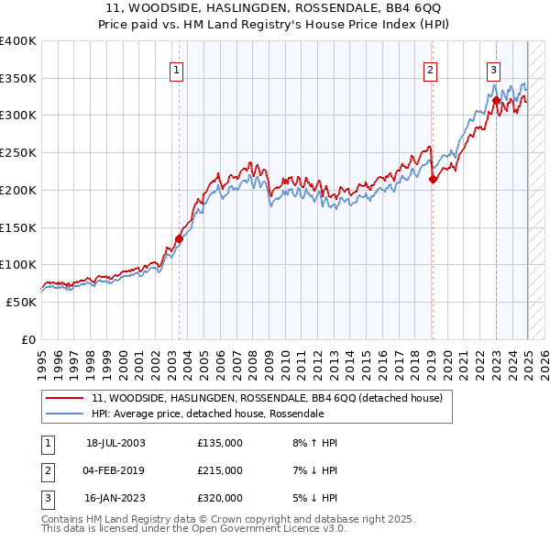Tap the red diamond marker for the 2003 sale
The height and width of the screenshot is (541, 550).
click(180, 239)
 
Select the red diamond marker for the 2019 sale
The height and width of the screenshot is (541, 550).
click(433, 180)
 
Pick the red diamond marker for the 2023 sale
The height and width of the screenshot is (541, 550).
click(496, 102)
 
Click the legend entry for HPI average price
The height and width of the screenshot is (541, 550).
click(207, 414)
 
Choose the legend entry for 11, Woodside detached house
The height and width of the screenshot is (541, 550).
click(267, 398)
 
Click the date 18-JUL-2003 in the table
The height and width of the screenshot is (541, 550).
click(115, 443)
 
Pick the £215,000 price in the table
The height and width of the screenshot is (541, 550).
click(220, 470)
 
